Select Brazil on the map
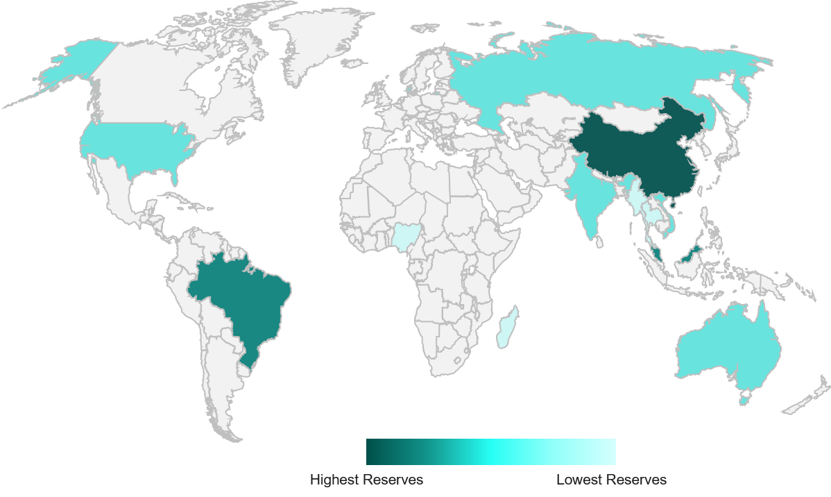[243, 298]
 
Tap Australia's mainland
[728, 347]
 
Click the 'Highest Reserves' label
[366, 480]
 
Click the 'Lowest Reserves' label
[611, 480]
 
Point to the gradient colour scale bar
[490, 451]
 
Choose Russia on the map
[590, 76]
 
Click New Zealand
[812, 396]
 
